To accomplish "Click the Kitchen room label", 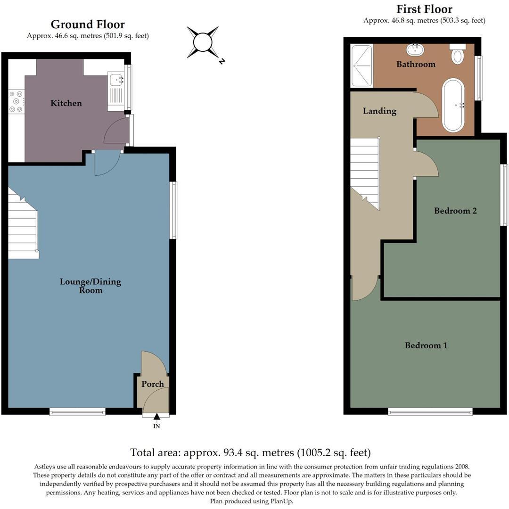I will tap(66, 103).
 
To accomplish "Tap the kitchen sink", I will tap(116, 80).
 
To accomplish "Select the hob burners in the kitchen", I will tap(16, 101).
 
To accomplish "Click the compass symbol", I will tap(203, 42).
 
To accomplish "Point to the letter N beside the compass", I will tap(222, 61).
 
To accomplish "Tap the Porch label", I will tap(153, 384).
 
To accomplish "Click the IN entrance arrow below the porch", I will tap(156, 416).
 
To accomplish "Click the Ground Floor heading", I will tap(88, 25).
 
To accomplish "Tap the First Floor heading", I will tap(424, 9).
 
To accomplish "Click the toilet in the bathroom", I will tap(457, 54).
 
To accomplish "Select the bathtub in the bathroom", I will tap(453, 105).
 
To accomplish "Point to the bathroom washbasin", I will tap(415, 49).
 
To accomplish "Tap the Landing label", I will tap(379, 111).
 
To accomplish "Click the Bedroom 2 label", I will tap(455, 211).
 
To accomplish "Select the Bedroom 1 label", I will tap(426, 345).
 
